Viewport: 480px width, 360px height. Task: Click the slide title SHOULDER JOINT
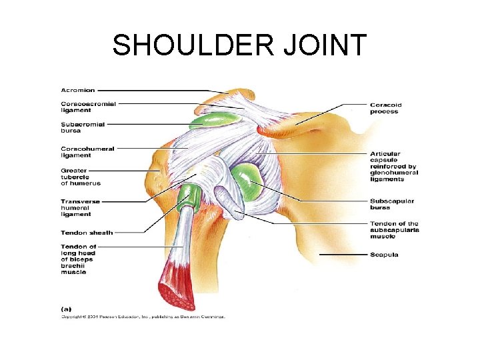pos(239,46)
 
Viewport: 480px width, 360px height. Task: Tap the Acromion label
pos(78,90)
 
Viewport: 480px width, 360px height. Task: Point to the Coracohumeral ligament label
pos(87,151)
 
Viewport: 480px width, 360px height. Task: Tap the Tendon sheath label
pos(87,233)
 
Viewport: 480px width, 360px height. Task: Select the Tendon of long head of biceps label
pos(79,259)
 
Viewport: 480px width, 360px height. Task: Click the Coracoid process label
pos(385,108)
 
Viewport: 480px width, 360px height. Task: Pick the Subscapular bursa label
pos(392,204)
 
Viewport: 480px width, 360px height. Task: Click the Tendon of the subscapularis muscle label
pos(394,230)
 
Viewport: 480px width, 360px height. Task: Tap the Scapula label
pos(384,255)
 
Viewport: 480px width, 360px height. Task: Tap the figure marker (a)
pos(66,308)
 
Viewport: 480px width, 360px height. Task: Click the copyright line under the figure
pos(143,316)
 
